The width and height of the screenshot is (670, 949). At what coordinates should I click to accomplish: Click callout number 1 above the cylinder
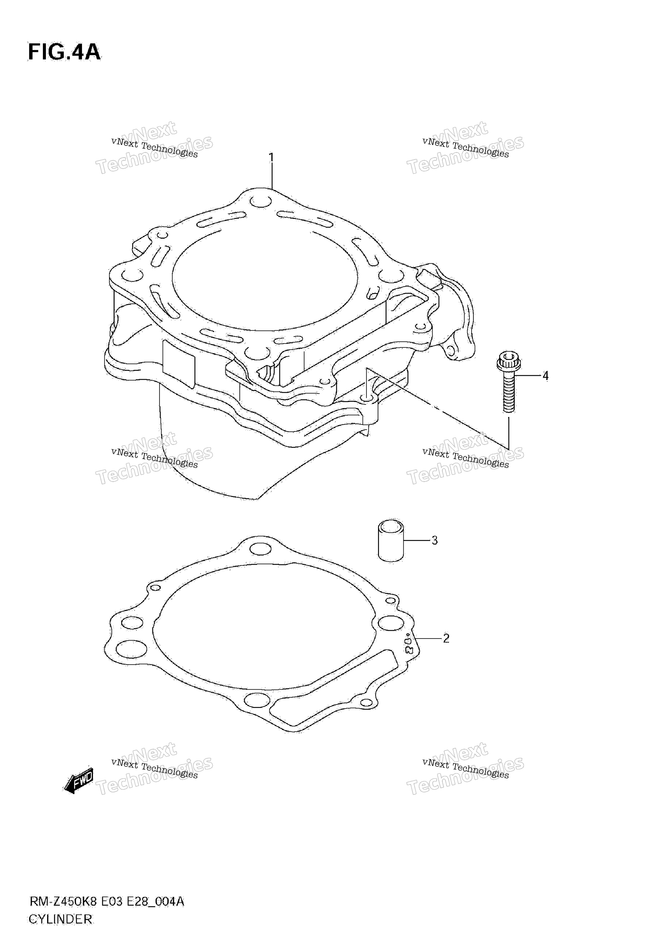[x=271, y=157]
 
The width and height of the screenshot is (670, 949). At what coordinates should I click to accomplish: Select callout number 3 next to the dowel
[x=434, y=540]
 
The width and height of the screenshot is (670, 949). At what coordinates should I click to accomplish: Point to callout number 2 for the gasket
[x=446, y=639]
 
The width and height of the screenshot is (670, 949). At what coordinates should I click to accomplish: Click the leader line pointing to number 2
[x=429, y=639]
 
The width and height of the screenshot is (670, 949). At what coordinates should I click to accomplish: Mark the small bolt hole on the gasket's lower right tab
[x=366, y=703]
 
